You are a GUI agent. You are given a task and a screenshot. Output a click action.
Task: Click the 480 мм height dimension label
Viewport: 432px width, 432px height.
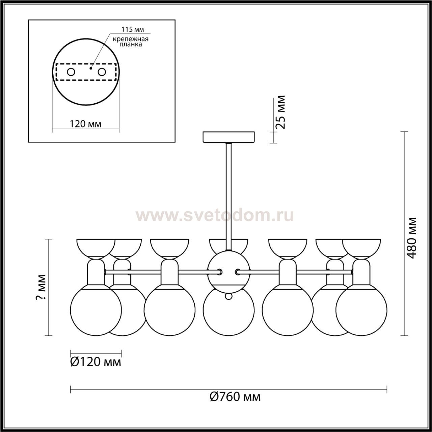point(411,238)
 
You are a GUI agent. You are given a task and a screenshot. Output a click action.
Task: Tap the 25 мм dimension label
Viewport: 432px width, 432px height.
point(280,112)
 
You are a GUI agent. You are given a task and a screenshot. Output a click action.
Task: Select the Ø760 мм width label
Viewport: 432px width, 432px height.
point(235,403)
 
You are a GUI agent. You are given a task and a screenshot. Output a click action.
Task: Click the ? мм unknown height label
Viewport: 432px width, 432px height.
point(41,287)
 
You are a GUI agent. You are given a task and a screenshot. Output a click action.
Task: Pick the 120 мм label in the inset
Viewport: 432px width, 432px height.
point(86,124)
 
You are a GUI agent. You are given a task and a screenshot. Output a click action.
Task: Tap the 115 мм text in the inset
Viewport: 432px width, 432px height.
point(133,29)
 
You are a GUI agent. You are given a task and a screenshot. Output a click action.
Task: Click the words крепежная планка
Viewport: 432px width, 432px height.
point(131,42)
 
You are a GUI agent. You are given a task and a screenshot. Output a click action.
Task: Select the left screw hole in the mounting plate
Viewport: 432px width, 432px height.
point(71,72)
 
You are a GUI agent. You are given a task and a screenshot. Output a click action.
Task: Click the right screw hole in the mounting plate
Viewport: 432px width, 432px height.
point(102,72)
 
